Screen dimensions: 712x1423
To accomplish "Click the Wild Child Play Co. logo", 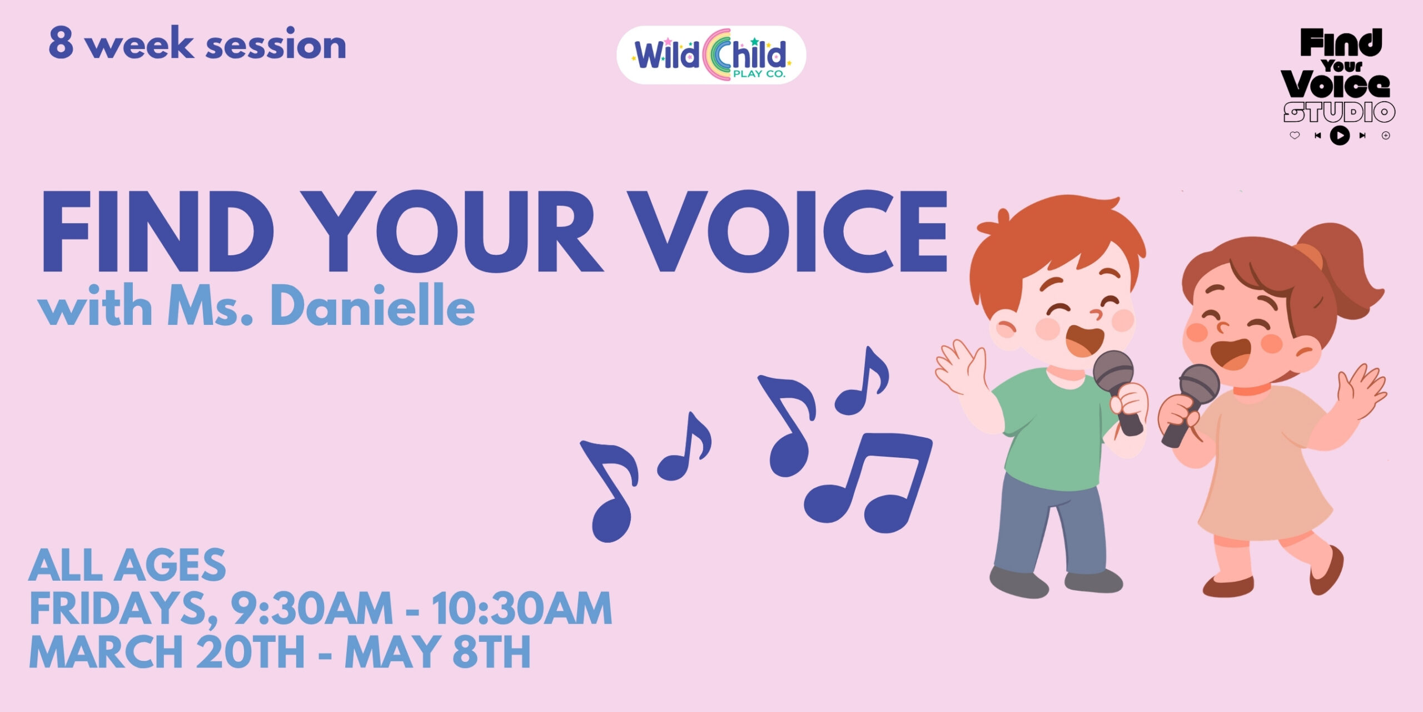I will click(x=711, y=55).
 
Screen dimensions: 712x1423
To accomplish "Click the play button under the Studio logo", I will click(x=1340, y=135).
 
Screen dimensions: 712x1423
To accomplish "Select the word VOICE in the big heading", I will click(x=789, y=232).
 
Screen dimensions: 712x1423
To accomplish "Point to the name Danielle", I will click(x=372, y=306).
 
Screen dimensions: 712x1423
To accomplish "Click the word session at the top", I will click(x=276, y=44).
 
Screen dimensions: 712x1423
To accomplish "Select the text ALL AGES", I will click(x=127, y=565).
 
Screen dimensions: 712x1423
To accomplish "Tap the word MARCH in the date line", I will click(x=106, y=651).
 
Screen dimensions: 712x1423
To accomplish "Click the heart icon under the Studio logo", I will click(x=1295, y=135).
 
